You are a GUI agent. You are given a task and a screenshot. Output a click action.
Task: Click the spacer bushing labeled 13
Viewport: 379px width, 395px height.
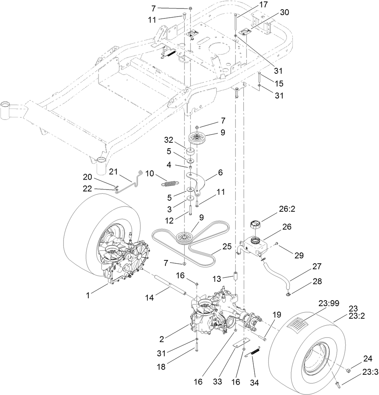click(234, 276)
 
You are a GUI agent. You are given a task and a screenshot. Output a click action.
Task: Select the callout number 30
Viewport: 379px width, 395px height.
click(284, 12)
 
